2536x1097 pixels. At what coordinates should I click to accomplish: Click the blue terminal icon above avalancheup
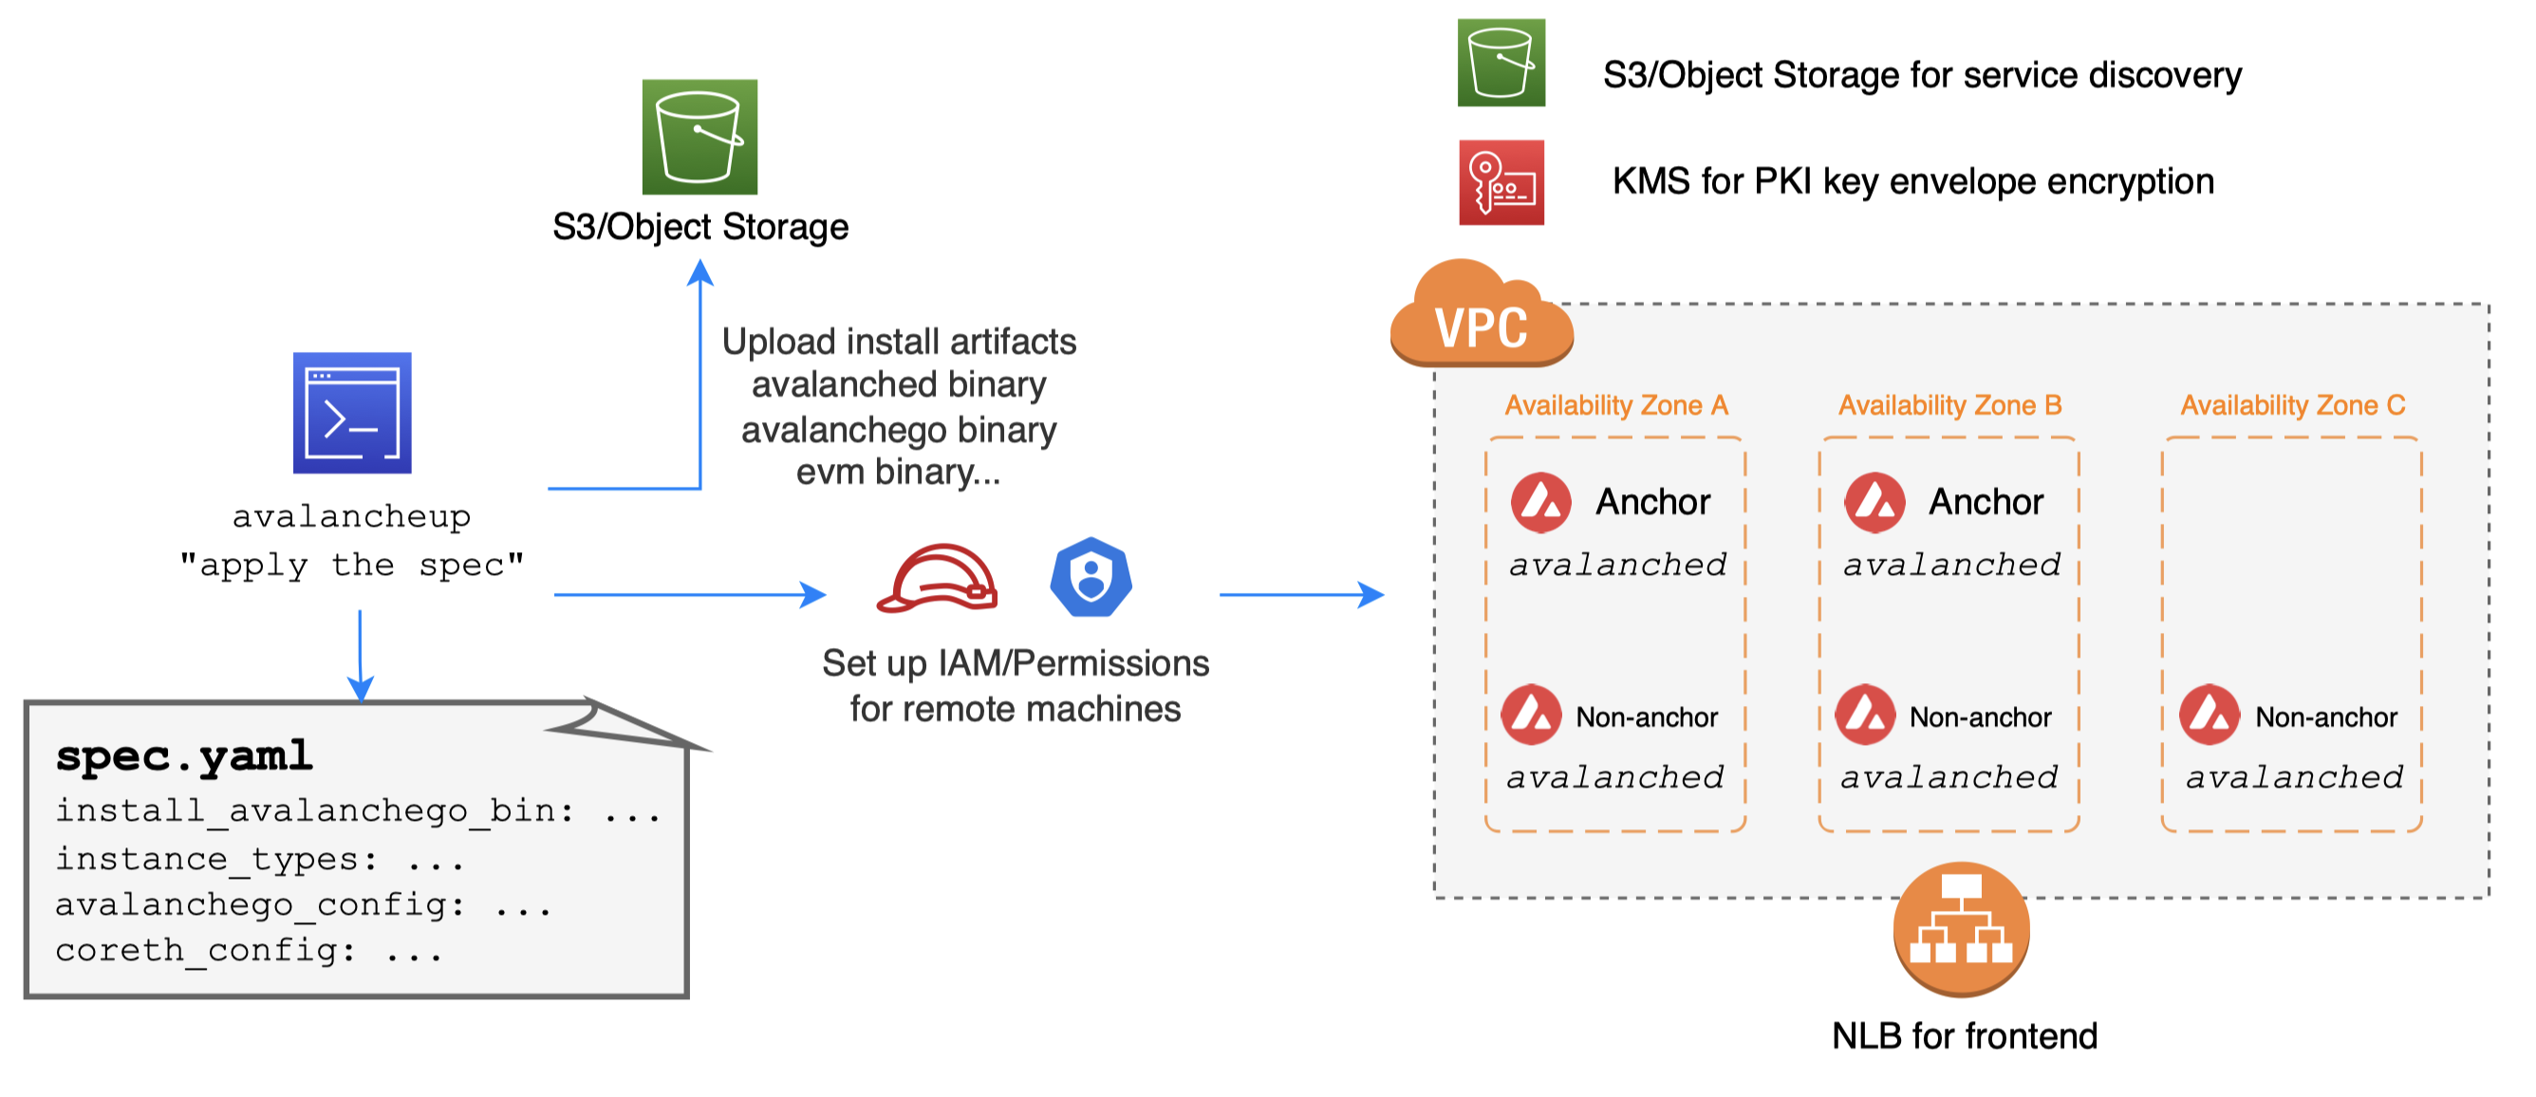click(351, 413)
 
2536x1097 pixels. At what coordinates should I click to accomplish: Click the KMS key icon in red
click(1501, 182)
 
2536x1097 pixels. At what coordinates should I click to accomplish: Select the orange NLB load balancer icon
click(1960, 928)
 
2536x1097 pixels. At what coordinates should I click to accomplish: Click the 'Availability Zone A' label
click(1615, 404)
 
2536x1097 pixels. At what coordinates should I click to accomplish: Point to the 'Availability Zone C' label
click(2292, 404)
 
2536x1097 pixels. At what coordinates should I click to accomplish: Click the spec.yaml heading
click(184, 756)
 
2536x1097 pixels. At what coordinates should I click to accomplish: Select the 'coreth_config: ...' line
click(248, 950)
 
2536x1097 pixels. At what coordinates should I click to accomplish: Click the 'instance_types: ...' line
click(259, 859)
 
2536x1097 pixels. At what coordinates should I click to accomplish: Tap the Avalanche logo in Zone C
click(2210, 715)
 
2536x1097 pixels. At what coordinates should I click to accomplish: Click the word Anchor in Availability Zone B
click(1985, 502)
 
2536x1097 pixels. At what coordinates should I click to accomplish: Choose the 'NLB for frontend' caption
click(1964, 1036)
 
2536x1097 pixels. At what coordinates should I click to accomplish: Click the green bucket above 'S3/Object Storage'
click(699, 137)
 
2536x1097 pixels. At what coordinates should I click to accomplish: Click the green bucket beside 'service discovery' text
click(1501, 62)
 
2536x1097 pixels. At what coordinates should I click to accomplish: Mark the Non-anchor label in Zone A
click(1646, 716)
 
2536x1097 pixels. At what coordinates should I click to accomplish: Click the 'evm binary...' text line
click(898, 473)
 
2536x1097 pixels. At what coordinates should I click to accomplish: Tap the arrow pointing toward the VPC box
click(1300, 595)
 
